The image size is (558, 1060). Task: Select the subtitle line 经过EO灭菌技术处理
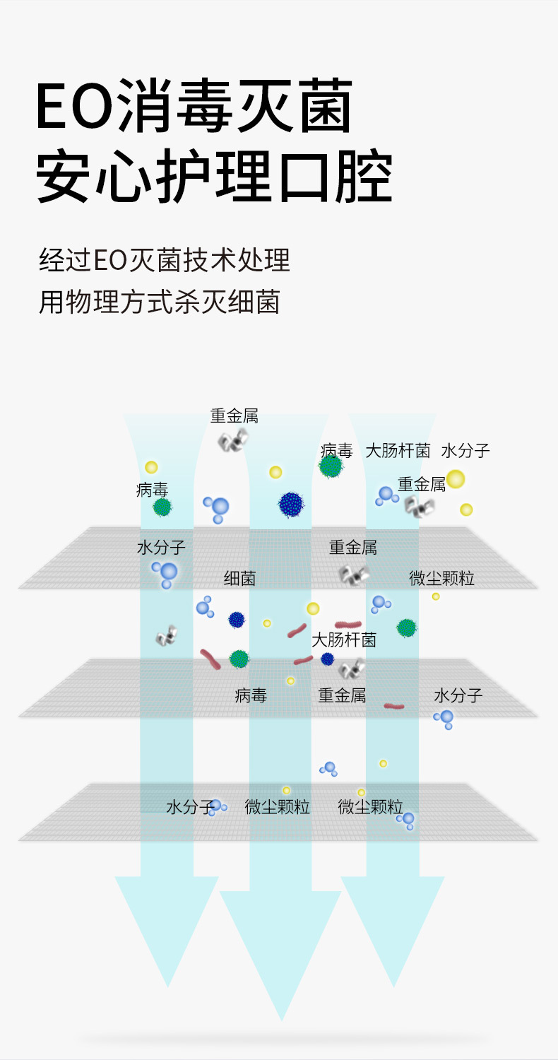(x=165, y=261)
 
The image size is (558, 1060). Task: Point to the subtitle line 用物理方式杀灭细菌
(x=160, y=302)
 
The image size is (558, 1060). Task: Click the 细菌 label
(x=239, y=579)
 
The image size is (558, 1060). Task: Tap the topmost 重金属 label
(x=235, y=416)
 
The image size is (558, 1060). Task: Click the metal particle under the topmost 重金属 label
(x=232, y=441)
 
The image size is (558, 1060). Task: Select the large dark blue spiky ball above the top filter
(x=291, y=505)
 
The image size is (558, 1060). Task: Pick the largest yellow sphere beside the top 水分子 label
(x=456, y=479)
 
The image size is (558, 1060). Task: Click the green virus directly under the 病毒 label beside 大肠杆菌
(x=331, y=466)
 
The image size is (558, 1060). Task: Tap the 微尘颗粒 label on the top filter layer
(x=441, y=579)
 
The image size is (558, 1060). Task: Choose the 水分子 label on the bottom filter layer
(x=189, y=807)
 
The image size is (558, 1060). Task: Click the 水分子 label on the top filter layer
(x=161, y=548)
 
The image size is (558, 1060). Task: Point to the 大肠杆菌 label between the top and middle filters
(x=344, y=640)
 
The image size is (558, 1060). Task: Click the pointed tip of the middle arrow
(x=281, y=1018)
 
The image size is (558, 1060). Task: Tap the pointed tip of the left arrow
(x=168, y=985)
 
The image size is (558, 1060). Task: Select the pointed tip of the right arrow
(x=393, y=985)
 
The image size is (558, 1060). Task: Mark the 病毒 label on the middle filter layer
(x=251, y=695)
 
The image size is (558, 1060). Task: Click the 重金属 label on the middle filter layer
(x=342, y=695)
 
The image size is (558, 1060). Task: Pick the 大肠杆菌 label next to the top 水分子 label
(x=398, y=451)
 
